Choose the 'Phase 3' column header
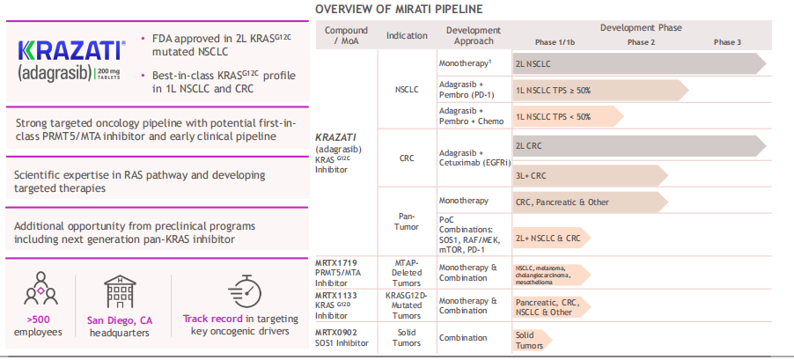tap(726, 42)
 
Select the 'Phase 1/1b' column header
tap(556, 42)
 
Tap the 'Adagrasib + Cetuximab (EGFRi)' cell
tap(473, 158)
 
